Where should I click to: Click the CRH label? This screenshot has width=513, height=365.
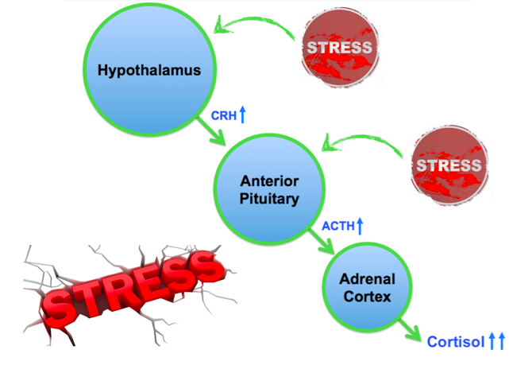pos(222,116)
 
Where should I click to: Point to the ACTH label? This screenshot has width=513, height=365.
pos(337,227)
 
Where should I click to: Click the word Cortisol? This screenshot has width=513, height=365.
pos(454,342)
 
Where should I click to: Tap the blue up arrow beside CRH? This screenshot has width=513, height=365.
pos(243,115)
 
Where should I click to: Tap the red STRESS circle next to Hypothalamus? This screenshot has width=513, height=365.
pos(339,48)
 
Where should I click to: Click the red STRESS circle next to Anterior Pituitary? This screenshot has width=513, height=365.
pos(449,165)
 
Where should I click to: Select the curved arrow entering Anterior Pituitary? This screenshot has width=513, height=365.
pos(365,143)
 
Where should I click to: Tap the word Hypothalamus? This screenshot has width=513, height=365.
pos(148,71)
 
